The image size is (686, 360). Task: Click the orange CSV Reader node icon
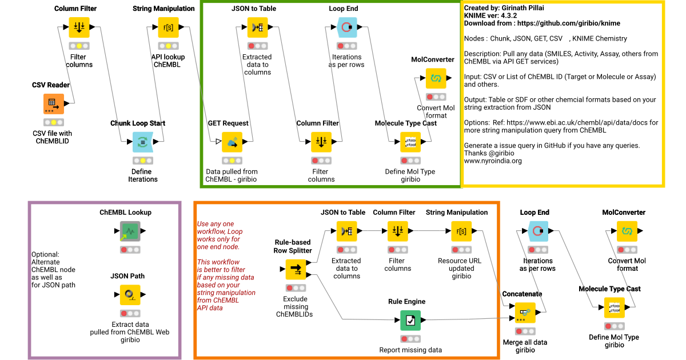pos(54,104)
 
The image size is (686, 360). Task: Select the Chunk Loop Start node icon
pos(143,142)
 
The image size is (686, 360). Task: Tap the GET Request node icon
pos(232,142)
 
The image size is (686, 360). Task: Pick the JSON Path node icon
pos(129,295)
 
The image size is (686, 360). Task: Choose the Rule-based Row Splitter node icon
pos(296,269)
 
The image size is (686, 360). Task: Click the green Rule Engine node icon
pos(410,321)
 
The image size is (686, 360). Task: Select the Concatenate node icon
pos(525,313)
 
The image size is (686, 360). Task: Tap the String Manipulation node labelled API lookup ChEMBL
pos(169,27)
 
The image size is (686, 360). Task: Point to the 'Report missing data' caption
pos(410,350)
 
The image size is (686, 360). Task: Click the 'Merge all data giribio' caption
pos(525,346)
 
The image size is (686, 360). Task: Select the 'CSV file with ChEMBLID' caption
pos(52,138)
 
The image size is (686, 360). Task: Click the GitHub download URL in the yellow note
pos(543,23)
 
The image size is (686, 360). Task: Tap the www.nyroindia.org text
pos(493,161)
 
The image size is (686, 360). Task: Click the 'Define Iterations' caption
pos(143,175)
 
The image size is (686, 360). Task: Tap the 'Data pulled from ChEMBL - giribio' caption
pos(232,175)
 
